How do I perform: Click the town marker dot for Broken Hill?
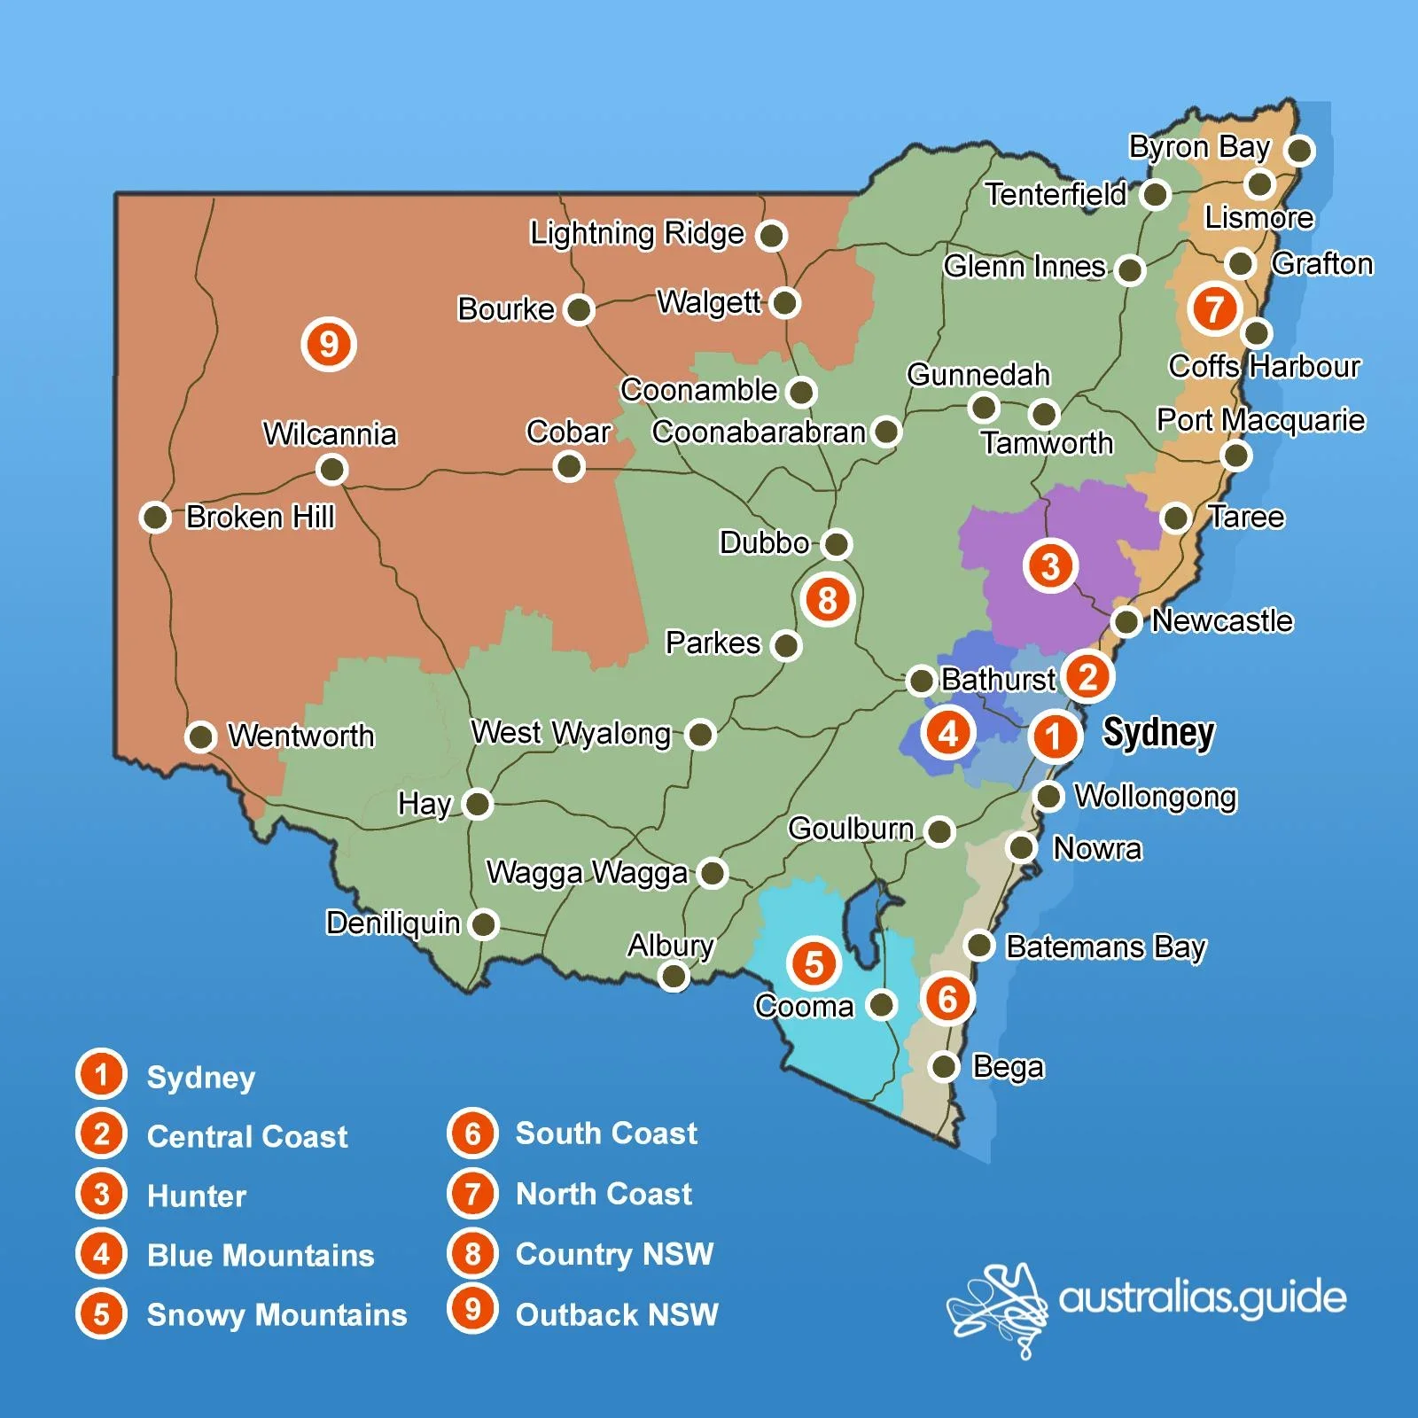point(155,517)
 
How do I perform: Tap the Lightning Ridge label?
point(636,233)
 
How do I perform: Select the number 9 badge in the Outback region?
point(329,344)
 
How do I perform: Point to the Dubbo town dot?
point(836,543)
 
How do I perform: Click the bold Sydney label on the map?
point(1157,733)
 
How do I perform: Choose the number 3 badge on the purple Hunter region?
point(1050,565)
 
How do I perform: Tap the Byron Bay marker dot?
point(1300,150)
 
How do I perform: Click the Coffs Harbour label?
point(1264,366)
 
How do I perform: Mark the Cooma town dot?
point(882,1005)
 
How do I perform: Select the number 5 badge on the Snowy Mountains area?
point(814,963)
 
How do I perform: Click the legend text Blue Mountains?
point(261,1255)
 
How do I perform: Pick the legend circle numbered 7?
point(472,1193)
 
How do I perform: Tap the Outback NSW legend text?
point(617,1314)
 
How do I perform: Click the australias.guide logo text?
point(1202,1297)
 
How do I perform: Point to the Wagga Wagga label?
point(587,872)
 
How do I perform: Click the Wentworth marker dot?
point(201,736)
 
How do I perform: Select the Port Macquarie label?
point(1260,419)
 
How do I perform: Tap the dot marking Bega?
point(945,1065)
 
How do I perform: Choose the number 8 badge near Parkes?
point(828,599)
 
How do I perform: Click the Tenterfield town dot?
point(1156,194)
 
